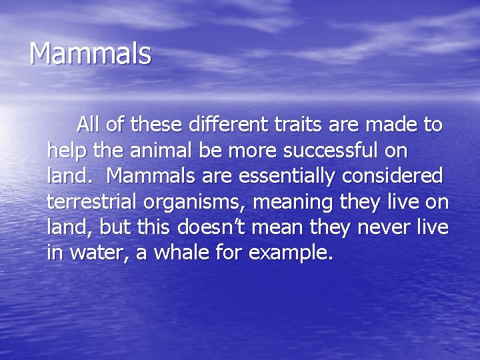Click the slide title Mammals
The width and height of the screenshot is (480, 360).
pyautogui.click(x=90, y=54)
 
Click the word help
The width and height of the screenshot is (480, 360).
pyautogui.click(x=67, y=150)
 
